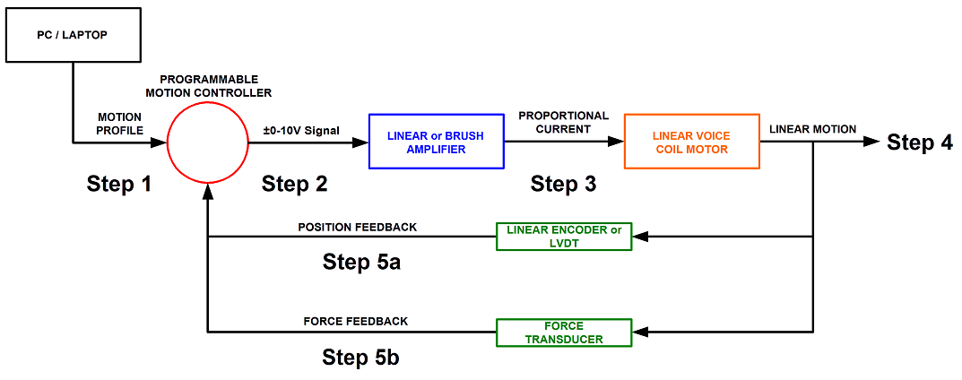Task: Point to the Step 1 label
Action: click(x=118, y=183)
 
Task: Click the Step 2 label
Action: click(x=294, y=183)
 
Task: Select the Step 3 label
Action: click(x=563, y=183)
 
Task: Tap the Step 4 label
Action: click(x=920, y=142)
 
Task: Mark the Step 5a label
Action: click(x=362, y=262)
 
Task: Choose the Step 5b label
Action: click(x=362, y=358)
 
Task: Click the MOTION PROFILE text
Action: click(x=119, y=123)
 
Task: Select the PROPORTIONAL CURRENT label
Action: click(x=563, y=122)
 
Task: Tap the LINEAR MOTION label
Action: click(x=812, y=129)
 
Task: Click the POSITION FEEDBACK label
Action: click(x=357, y=227)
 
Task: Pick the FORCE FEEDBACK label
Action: click(x=356, y=321)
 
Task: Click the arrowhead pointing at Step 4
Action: click(x=871, y=142)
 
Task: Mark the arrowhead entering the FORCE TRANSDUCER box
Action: click(x=640, y=332)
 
